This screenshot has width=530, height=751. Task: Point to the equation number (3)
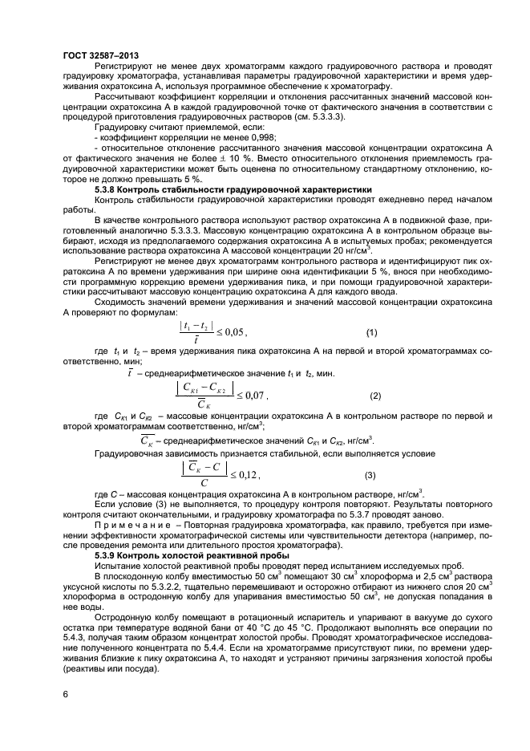(x=371, y=475)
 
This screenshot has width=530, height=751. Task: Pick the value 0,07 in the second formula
(x=253, y=396)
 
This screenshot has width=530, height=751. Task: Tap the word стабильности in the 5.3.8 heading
(x=183, y=190)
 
